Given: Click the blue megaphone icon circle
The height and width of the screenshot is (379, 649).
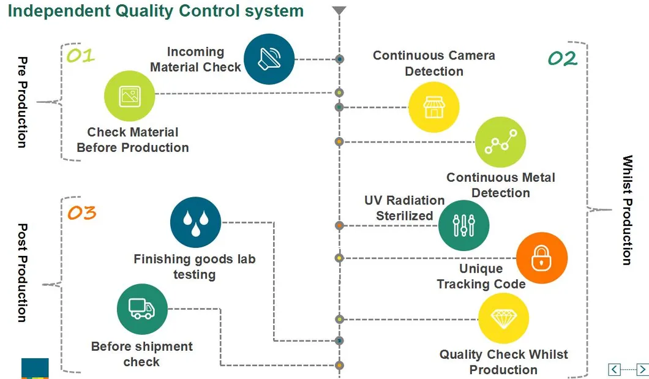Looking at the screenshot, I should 269,59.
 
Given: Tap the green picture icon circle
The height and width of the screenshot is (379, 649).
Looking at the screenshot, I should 129,96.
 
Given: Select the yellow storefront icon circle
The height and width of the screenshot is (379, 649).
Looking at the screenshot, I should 433,107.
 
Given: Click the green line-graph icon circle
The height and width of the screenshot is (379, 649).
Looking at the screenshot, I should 500,142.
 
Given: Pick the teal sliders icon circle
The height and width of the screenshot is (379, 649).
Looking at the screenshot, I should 463,225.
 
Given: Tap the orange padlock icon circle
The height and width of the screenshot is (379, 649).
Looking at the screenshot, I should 542,258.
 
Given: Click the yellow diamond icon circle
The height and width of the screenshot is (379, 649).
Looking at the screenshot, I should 503,318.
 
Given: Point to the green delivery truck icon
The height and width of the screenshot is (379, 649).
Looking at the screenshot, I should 142,309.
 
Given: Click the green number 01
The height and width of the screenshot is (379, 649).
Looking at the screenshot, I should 81,56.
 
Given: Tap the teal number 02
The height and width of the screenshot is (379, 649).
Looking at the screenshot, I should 562,59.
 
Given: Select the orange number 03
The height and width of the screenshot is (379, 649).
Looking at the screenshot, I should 81,212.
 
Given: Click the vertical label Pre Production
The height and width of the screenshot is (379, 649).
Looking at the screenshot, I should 23,102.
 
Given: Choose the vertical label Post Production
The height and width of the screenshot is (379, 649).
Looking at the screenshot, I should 23,272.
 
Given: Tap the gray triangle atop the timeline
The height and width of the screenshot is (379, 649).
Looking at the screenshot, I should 340,10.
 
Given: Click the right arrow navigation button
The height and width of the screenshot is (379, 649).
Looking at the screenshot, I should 642,369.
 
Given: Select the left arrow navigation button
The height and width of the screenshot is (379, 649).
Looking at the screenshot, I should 614,369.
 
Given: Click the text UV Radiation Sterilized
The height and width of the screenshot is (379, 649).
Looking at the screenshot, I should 404,208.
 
